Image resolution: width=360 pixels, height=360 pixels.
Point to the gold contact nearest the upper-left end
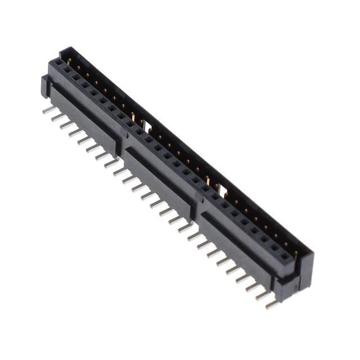(x=69, y=60)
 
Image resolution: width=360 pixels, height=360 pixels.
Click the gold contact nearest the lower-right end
(x=294, y=254)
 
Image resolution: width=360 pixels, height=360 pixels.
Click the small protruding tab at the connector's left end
(x=43, y=85)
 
